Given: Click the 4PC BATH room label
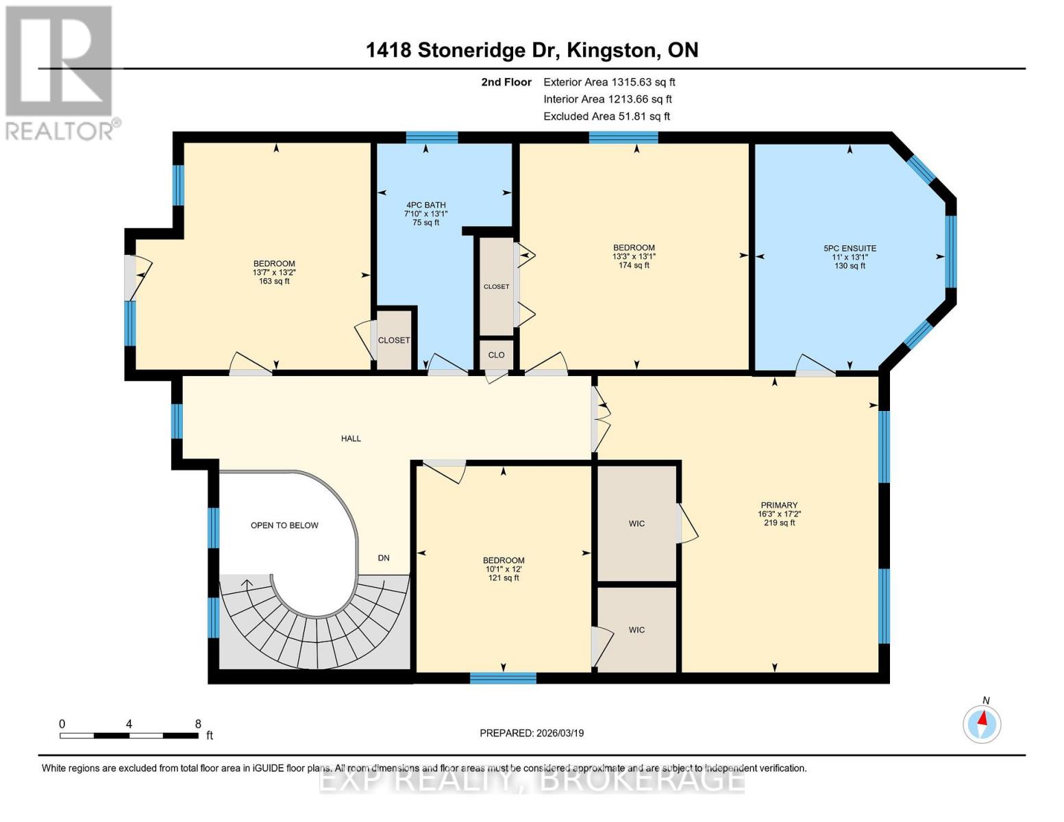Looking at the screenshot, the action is [x=425, y=205].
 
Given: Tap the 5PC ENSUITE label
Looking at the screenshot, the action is [x=850, y=248].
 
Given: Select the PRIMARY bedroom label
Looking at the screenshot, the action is [x=779, y=505].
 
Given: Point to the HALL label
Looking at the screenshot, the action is [x=351, y=438].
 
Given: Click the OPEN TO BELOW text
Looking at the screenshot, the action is [x=284, y=525].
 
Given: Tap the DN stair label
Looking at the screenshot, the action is [x=384, y=558].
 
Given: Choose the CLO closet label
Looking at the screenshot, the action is [x=496, y=355].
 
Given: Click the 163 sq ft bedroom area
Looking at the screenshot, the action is [x=274, y=281].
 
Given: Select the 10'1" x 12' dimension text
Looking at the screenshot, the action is [x=504, y=569].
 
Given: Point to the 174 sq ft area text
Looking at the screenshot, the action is [x=634, y=265].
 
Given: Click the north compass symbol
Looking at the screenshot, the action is [x=981, y=724].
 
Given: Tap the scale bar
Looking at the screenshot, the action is [x=129, y=735].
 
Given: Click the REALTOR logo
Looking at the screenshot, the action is [x=60, y=73].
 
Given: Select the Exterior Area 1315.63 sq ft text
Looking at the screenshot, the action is [x=609, y=82].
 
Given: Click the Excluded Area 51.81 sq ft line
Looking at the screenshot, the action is [x=606, y=116].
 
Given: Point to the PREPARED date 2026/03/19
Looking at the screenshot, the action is [x=532, y=733].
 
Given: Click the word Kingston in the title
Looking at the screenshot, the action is [x=612, y=51].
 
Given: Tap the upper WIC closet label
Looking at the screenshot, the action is [x=636, y=524].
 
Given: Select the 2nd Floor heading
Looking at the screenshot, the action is [x=506, y=82].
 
